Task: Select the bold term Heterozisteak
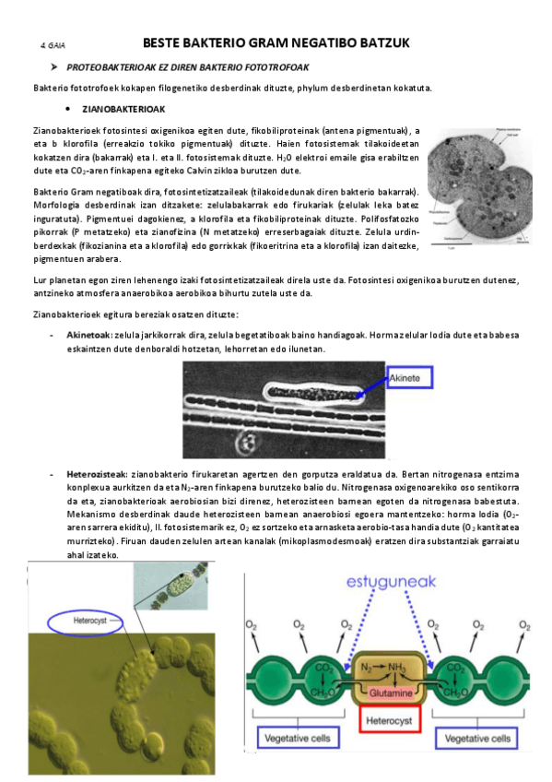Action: tap(95, 473)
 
